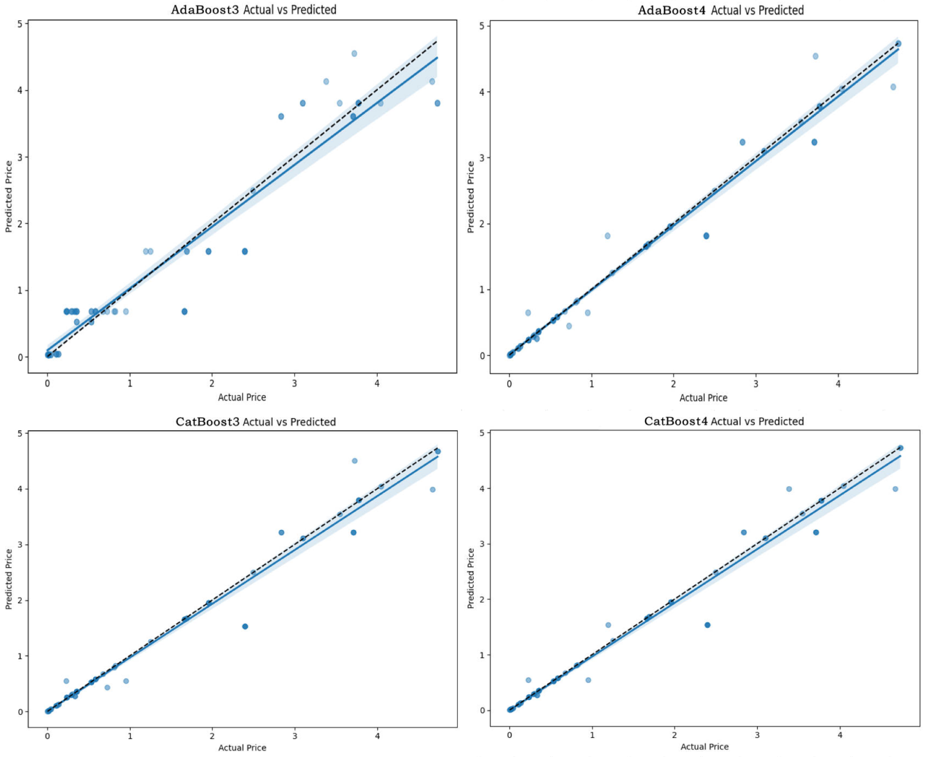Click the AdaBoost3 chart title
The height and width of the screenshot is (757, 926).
253,9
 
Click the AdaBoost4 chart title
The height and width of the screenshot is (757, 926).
721,10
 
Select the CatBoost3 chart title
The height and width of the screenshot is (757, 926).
256,421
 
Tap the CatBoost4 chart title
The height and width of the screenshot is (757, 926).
724,421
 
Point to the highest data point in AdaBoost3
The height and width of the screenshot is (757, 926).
354,53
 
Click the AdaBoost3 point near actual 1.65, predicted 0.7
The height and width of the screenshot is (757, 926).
184,312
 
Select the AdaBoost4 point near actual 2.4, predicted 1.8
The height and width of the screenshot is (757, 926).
706,236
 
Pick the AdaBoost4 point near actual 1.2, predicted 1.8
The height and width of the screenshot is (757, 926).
607,236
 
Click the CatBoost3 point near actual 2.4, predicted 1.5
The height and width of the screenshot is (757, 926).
245,626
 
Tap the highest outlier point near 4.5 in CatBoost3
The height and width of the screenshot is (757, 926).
355,461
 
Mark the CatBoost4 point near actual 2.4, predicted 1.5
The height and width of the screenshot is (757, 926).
707,625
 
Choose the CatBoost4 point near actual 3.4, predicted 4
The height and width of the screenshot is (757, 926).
789,489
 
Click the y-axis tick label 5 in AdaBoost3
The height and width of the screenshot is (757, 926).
20,23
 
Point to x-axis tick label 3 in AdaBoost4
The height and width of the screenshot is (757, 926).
756,384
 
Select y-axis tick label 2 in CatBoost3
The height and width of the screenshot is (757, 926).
20,600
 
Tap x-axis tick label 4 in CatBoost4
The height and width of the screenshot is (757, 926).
840,735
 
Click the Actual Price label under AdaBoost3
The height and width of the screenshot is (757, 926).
242,397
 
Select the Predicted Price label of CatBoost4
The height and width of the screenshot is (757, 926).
471,578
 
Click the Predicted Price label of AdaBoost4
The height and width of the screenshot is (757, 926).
471,197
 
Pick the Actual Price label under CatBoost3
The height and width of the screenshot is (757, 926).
242,748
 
